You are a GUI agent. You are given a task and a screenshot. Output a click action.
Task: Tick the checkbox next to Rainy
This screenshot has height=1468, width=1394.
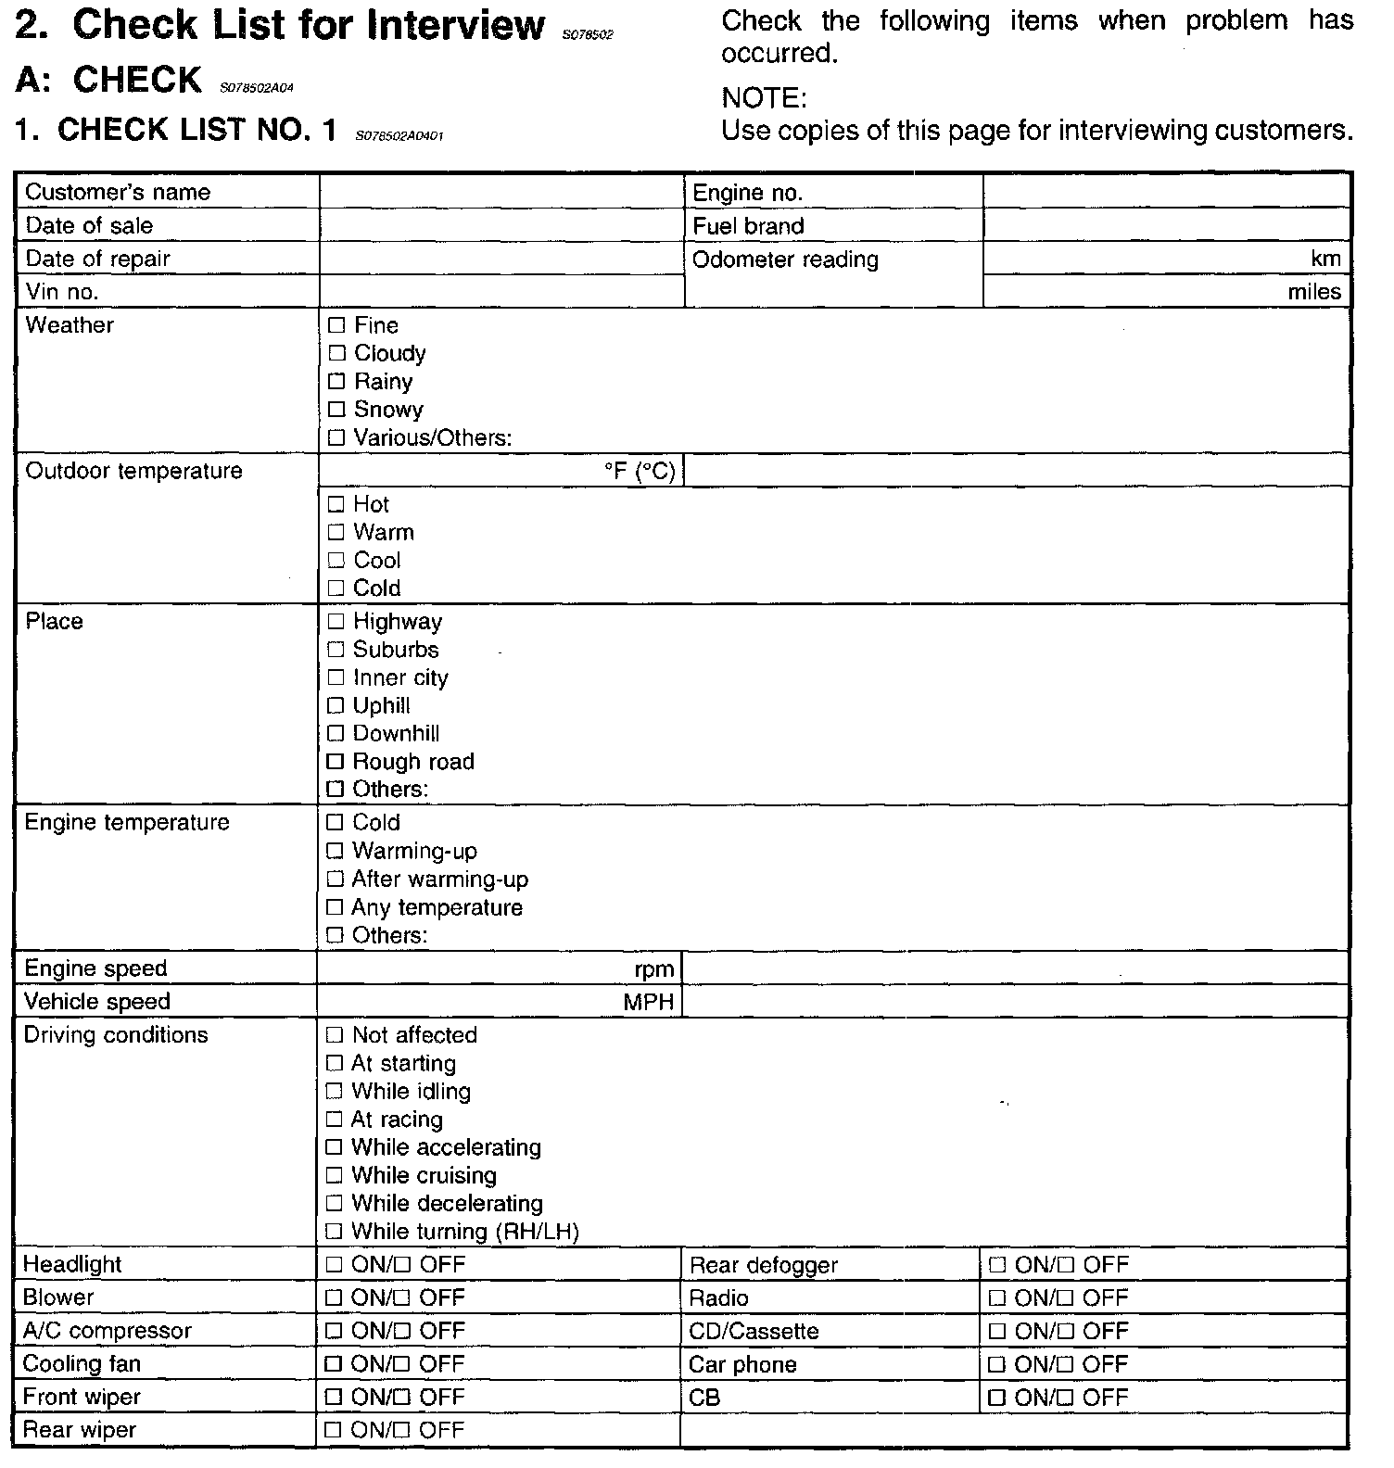pos(336,382)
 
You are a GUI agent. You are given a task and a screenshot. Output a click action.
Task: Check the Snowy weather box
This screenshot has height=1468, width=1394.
pos(336,410)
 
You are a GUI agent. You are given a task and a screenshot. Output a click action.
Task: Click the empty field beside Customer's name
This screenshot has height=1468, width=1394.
pos(501,192)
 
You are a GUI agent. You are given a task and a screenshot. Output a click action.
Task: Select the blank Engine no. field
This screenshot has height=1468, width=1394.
pos(1166,192)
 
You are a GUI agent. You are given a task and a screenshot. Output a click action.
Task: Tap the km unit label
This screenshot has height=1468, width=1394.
pos(1326,259)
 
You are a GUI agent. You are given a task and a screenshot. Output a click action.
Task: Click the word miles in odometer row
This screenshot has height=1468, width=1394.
pos(1314,292)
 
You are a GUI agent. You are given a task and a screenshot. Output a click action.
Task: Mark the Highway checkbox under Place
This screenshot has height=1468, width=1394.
pos(336,622)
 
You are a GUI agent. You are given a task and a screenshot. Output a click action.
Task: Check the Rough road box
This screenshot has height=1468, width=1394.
pos(336,762)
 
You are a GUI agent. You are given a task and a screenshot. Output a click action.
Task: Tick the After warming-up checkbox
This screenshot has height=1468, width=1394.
pos(335,880)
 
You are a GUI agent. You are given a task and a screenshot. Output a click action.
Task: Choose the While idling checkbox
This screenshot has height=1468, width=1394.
pos(335,1092)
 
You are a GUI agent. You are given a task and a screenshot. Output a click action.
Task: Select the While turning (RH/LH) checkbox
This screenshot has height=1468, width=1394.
pos(335,1232)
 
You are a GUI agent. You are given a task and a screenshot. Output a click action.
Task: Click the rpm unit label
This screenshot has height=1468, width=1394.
pos(654,969)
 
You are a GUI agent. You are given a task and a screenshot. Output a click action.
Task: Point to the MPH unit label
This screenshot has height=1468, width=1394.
pos(649,1002)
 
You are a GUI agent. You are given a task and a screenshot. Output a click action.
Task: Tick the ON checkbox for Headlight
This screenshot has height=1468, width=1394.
pos(334,1265)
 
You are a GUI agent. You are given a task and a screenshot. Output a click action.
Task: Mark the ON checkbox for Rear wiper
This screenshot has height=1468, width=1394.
pos(334,1431)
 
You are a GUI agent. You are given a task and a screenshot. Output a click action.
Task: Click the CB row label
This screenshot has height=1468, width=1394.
pos(705,1398)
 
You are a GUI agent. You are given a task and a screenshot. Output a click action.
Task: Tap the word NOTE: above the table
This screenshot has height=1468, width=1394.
pos(765,98)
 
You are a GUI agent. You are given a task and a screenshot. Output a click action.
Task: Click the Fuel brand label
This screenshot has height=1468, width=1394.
pos(748,226)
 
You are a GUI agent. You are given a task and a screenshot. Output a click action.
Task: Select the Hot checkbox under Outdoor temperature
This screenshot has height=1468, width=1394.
pos(336,505)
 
